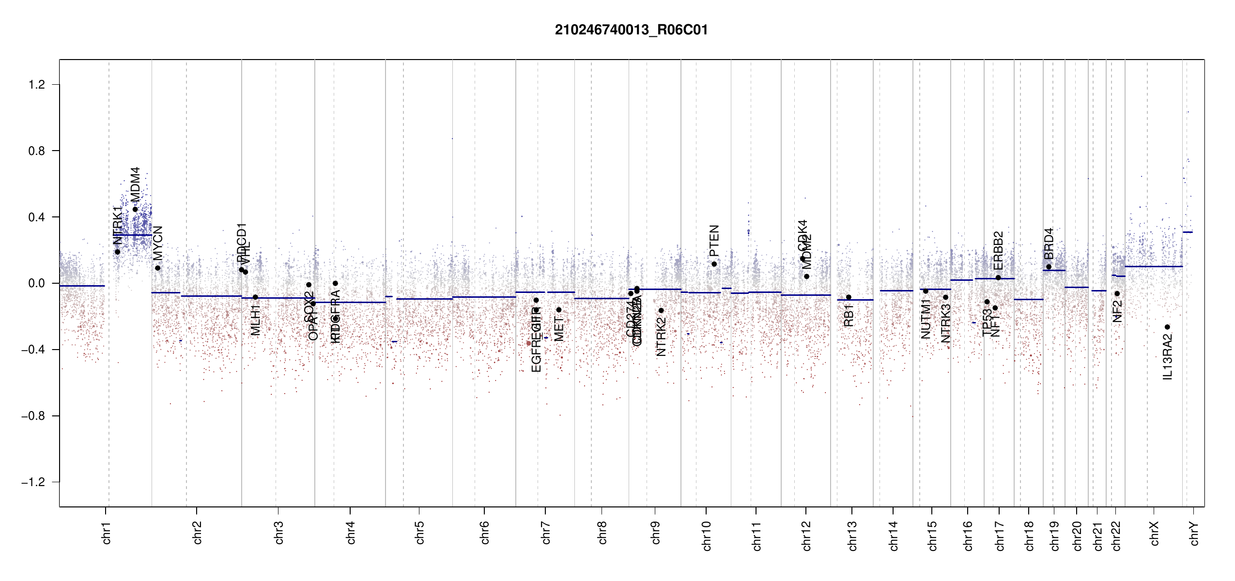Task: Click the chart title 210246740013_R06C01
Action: (x=631, y=30)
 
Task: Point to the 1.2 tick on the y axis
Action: (x=37, y=85)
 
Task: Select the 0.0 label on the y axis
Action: (x=37, y=283)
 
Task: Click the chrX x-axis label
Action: (x=1155, y=533)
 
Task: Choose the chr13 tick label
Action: (x=852, y=535)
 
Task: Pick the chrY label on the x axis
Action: (x=1194, y=533)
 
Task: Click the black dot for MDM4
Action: (x=135, y=209)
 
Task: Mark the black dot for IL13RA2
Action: (x=1167, y=327)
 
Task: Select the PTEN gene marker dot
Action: (x=714, y=264)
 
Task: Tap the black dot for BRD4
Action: (x=1049, y=267)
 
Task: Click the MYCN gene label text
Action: (x=158, y=243)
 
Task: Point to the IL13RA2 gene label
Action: (x=1168, y=357)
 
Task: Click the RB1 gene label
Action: (x=849, y=315)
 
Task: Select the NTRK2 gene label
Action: (x=661, y=337)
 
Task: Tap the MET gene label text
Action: (x=559, y=329)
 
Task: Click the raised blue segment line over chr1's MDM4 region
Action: (x=133, y=235)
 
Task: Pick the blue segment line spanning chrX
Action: (x=1153, y=266)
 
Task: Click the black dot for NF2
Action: (x=1117, y=293)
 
